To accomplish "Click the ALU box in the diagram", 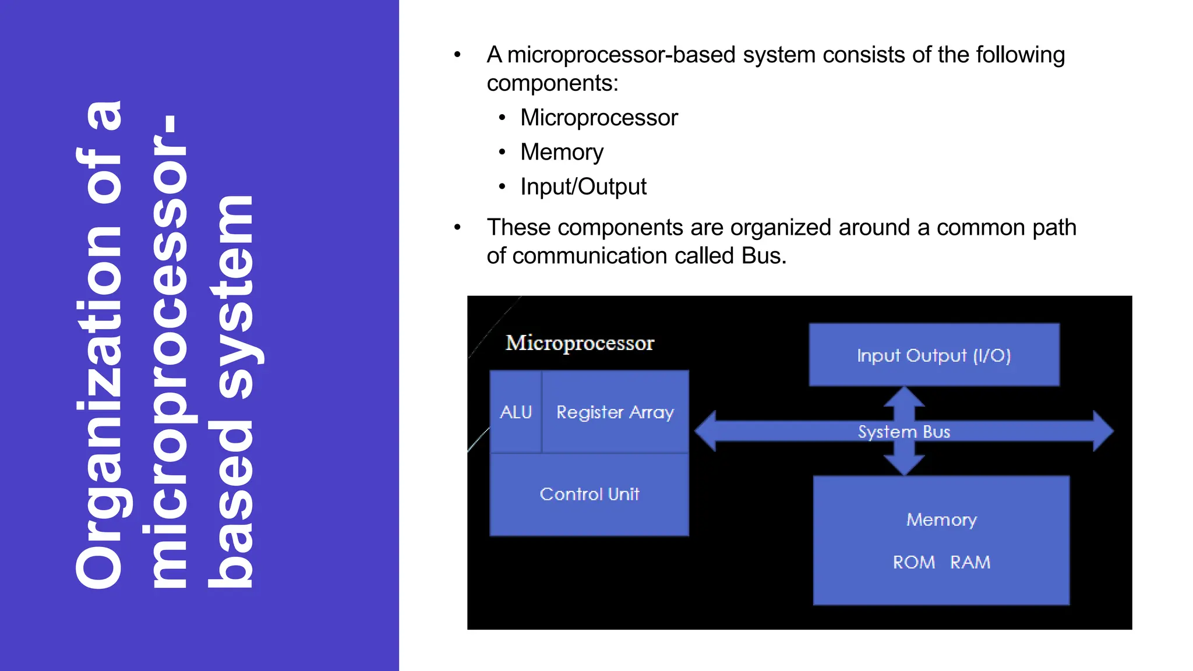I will click(x=516, y=412).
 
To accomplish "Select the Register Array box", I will click(x=615, y=412).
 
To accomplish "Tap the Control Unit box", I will click(x=589, y=495).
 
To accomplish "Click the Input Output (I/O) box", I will click(x=934, y=355).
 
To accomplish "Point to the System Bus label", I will click(x=903, y=432).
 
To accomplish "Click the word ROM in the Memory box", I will click(x=913, y=562).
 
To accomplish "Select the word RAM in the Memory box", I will click(x=970, y=562).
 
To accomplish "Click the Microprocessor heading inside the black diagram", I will click(x=580, y=343).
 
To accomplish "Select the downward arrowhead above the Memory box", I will click(x=904, y=466).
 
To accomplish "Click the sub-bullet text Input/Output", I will click(x=583, y=187).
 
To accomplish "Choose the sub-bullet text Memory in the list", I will click(x=562, y=152).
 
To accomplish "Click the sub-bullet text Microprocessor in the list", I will click(x=599, y=118).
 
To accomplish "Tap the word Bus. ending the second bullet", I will click(x=764, y=256).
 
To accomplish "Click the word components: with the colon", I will click(x=552, y=83).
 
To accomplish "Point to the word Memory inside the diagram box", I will click(x=941, y=520).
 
